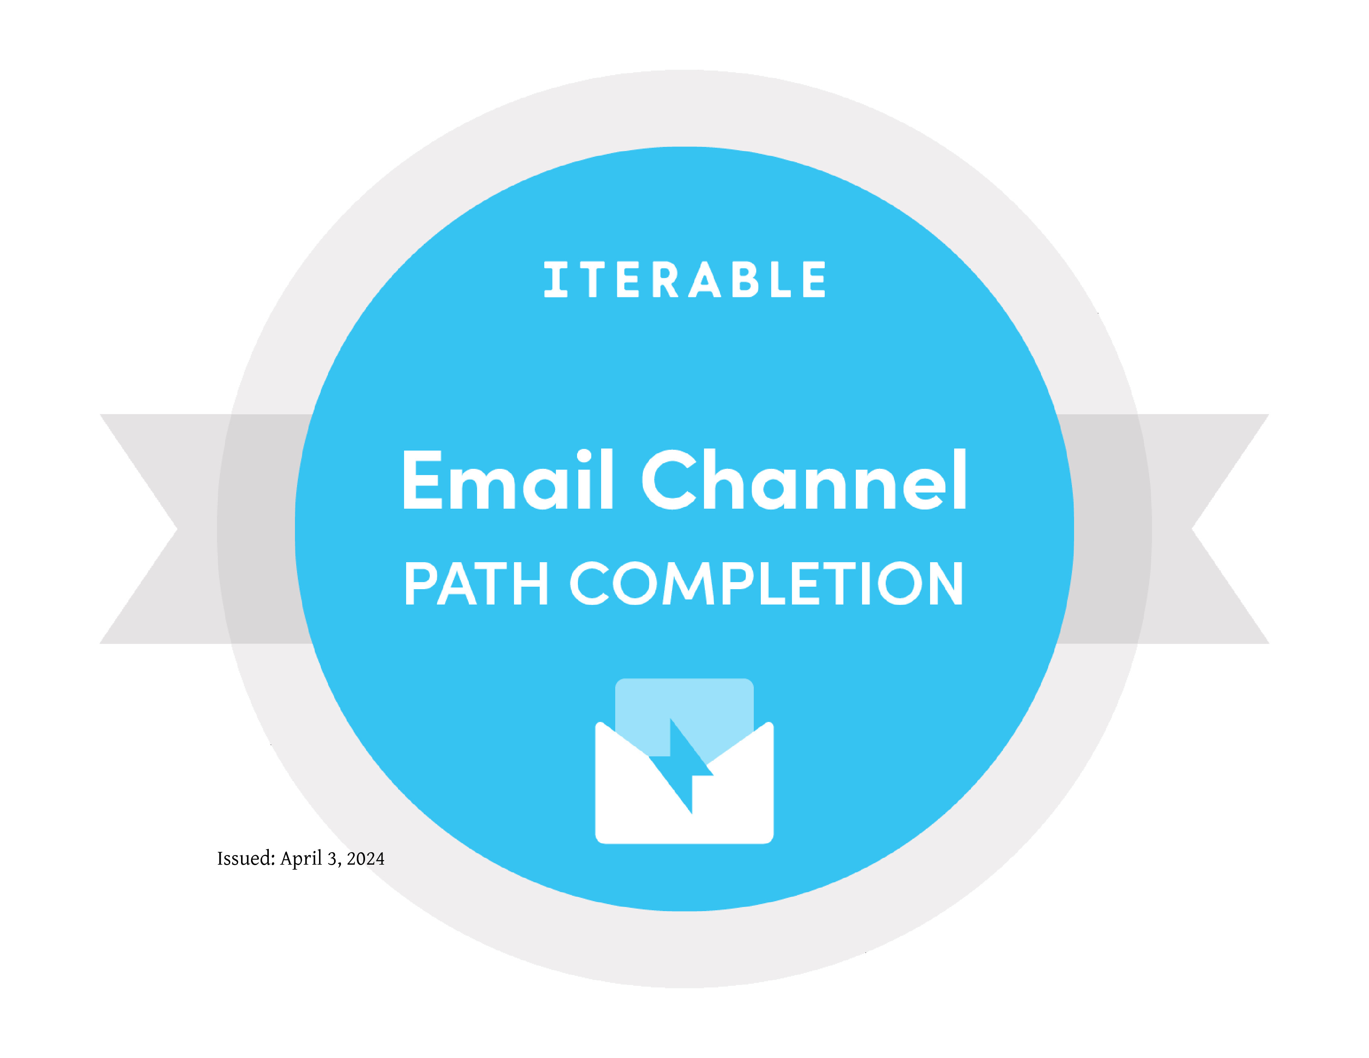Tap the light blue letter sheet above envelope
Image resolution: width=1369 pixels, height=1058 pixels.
click(684, 714)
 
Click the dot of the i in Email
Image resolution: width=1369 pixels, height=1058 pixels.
click(584, 456)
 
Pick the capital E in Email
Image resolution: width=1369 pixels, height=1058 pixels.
click(423, 480)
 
